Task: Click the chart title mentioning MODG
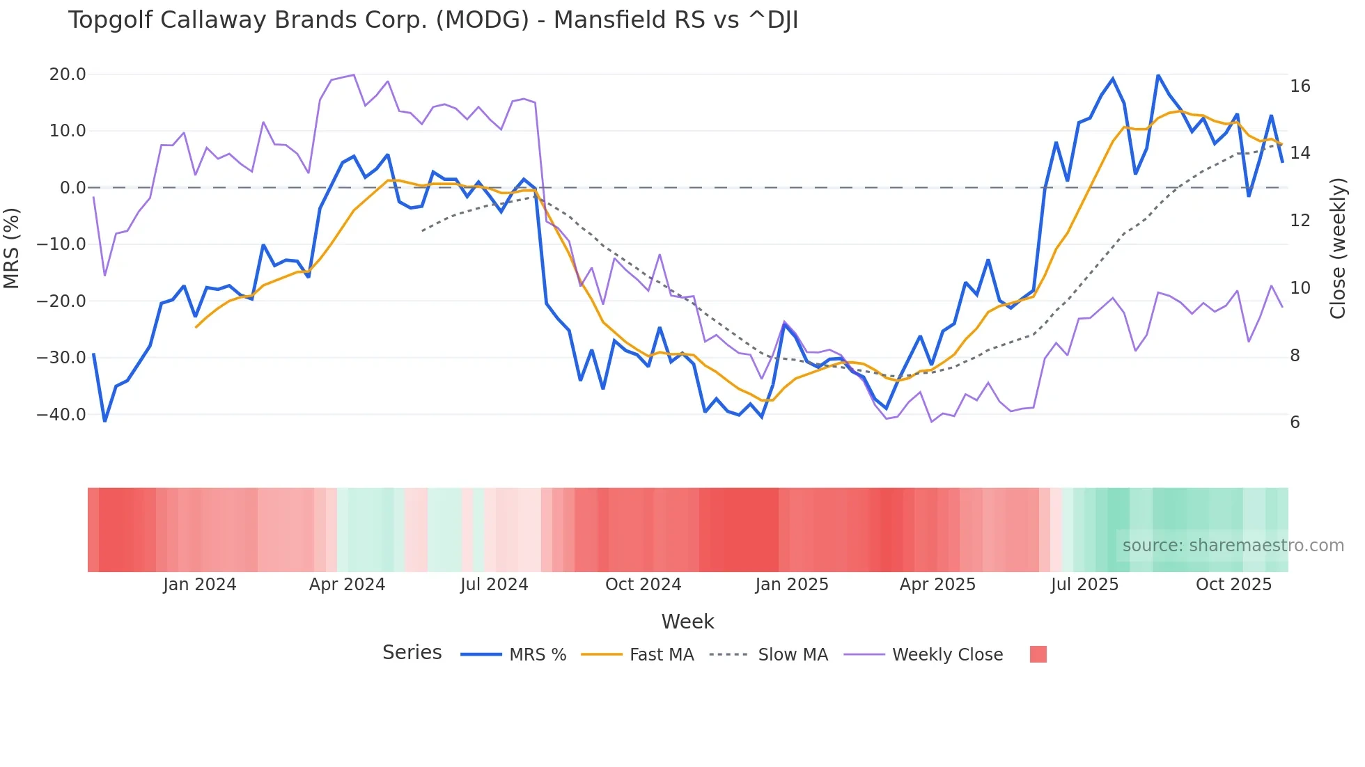coord(432,20)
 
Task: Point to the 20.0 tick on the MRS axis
coord(68,74)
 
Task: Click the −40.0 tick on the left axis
coord(61,415)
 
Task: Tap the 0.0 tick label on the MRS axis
coord(72,188)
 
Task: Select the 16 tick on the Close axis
coord(1300,86)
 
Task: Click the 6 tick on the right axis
coord(1295,422)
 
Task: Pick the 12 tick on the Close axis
coord(1300,221)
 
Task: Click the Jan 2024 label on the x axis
coord(200,585)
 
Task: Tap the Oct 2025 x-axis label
coord(1233,585)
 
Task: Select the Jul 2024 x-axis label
coord(494,585)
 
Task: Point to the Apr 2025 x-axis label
coord(937,585)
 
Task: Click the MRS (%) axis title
coord(12,248)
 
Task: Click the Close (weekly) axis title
coord(1338,248)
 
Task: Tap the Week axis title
coord(687,622)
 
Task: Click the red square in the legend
coord(1038,654)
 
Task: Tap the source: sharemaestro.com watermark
coord(1233,546)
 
